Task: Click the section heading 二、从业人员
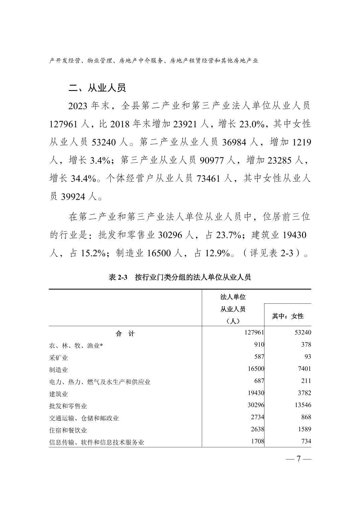tap(97, 88)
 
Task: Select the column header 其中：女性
tap(288, 316)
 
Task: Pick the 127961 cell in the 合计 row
tap(254, 333)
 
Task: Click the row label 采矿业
tap(59, 358)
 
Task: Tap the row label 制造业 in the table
tap(59, 370)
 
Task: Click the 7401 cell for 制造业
tap(304, 369)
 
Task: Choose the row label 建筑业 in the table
tap(59, 394)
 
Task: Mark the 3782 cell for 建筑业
tap(304, 393)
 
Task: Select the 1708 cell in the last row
tap(258, 441)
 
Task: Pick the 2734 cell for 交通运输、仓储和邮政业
tap(258, 417)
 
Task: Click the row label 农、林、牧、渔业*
tap(76, 346)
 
